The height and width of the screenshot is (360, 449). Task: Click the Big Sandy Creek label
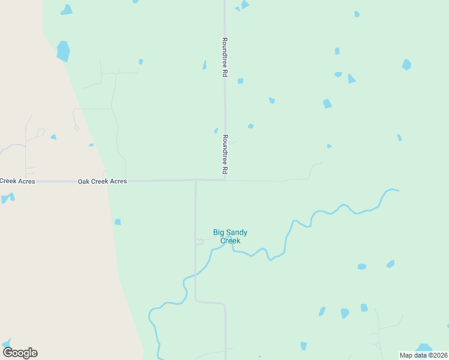(230, 236)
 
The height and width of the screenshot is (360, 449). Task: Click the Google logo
(20, 353)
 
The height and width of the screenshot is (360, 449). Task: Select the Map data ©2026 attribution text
(424, 355)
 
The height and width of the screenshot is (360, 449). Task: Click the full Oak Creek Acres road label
(102, 181)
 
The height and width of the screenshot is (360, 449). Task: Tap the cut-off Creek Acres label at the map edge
(17, 181)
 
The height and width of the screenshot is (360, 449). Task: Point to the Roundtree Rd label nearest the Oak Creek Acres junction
(225, 154)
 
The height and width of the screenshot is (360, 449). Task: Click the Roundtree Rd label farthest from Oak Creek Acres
(224, 57)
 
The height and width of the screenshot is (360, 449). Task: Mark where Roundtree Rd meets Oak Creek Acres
(225, 179)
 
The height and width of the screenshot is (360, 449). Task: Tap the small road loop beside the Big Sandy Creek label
(199, 241)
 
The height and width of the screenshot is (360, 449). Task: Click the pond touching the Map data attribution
(424, 347)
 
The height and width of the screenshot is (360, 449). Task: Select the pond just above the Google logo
(7, 343)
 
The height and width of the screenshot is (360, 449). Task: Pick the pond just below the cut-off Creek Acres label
(7, 198)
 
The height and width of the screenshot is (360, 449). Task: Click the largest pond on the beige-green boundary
(63, 51)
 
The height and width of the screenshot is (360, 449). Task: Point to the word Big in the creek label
(219, 232)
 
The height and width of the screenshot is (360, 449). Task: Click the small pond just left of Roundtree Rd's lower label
(216, 130)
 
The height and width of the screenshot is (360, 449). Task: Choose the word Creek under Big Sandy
(230, 241)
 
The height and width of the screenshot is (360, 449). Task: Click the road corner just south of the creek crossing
(196, 300)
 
